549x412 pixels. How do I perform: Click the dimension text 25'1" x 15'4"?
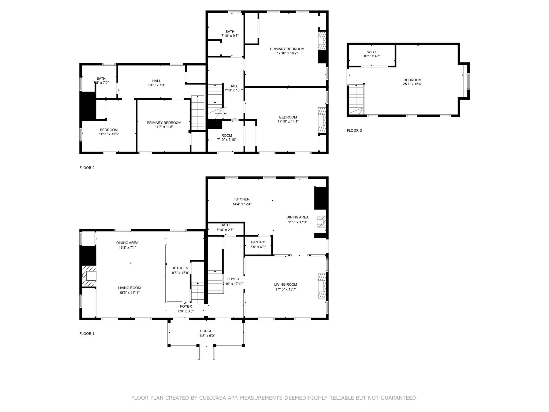pos(412,84)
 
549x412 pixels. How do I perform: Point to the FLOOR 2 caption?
pos(87,168)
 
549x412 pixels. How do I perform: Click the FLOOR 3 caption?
pos(354,131)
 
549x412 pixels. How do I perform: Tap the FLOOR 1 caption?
pos(87,334)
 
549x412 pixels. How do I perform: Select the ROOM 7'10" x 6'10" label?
pos(227,137)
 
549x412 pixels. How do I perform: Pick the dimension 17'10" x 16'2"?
pos(287,53)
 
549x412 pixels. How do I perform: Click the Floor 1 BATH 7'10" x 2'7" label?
pos(225,227)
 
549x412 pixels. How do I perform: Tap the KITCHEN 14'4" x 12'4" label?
pos(242,201)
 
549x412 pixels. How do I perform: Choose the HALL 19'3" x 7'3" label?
pos(157,83)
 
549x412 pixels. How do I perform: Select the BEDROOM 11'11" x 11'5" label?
pos(109,132)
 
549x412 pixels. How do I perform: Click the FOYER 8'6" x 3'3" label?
pos(186,309)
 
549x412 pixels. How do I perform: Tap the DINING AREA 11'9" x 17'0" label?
pos(297,219)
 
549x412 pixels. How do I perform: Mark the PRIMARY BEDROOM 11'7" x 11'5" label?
pos(164,125)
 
